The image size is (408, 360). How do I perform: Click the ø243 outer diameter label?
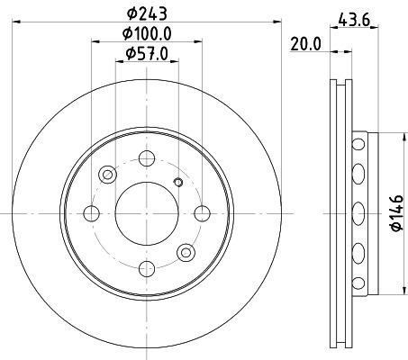(x=146, y=13)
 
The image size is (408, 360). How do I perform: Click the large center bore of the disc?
(x=146, y=213)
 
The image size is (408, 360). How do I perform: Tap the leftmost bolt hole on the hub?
(x=90, y=213)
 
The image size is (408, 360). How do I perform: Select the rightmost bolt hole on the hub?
(x=202, y=213)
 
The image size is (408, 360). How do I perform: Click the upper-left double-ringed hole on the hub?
(x=108, y=174)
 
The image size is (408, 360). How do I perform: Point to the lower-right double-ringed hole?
(x=186, y=251)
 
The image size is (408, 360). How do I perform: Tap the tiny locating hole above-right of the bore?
(x=177, y=184)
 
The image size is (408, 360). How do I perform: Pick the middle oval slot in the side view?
(x=358, y=212)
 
